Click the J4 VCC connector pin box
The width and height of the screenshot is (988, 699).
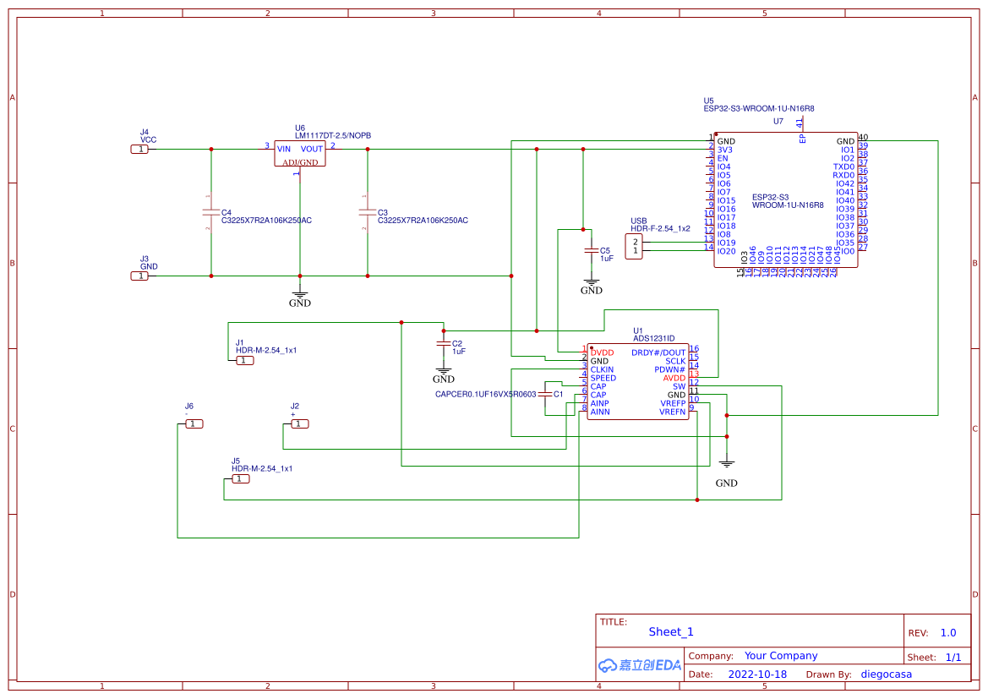pyautogui.click(x=139, y=150)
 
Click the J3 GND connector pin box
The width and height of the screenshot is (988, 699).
pyautogui.click(x=139, y=276)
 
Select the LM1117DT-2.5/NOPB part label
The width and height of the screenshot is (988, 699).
pyautogui.click(x=332, y=136)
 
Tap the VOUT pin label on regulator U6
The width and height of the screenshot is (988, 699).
pyautogui.click(x=311, y=149)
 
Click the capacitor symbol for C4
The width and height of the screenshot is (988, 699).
pyautogui.click(x=210, y=212)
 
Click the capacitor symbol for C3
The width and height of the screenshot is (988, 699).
pyautogui.click(x=367, y=212)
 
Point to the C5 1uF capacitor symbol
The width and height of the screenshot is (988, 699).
pyautogui.click(x=591, y=251)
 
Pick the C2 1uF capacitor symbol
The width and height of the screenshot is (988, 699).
pyautogui.click(x=442, y=344)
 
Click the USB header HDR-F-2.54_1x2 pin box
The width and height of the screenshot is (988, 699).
pyautogui.click(x=634, y=247)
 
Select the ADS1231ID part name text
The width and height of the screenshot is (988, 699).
pyautogui.click(x=653, y=339)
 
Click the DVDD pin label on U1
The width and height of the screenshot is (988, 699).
pyautogui.click(x=602, y=352)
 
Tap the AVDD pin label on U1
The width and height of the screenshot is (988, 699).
pyautogui.click(x=674, y=378)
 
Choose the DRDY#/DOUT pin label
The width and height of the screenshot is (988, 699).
pyautogui.click(x=658, y=352)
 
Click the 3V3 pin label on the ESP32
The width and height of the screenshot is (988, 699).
pyautogui.click(x=724, y=150)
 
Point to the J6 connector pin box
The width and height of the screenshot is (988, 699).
pyautogui.click(x=194, y=424)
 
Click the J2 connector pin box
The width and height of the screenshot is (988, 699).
pyautogui.click(x=299, y=424)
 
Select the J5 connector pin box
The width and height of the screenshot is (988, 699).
pyautogui.click(x=240, y=479)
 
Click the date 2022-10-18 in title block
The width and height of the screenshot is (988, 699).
pyautogui.click(x=757, y=674)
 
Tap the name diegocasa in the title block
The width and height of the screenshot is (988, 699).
pyautogui.click(x=886, y=674)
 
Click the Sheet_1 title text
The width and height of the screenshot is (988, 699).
pyautogui.click(x=670, y=631)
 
